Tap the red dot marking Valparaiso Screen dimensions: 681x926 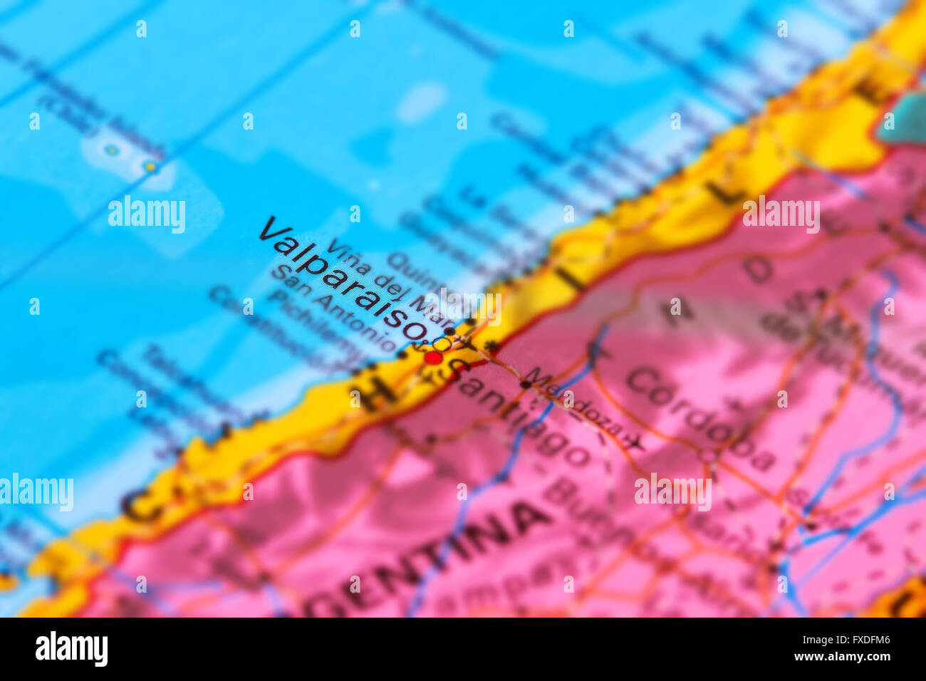(432, 358)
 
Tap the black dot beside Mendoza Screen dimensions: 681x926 (526, 384)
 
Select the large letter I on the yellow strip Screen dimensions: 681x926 (573, 279)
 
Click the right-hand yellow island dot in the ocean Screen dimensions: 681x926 (150, 167)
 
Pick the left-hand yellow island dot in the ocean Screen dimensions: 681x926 (110, 150)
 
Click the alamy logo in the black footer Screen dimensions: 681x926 (71, 649)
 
